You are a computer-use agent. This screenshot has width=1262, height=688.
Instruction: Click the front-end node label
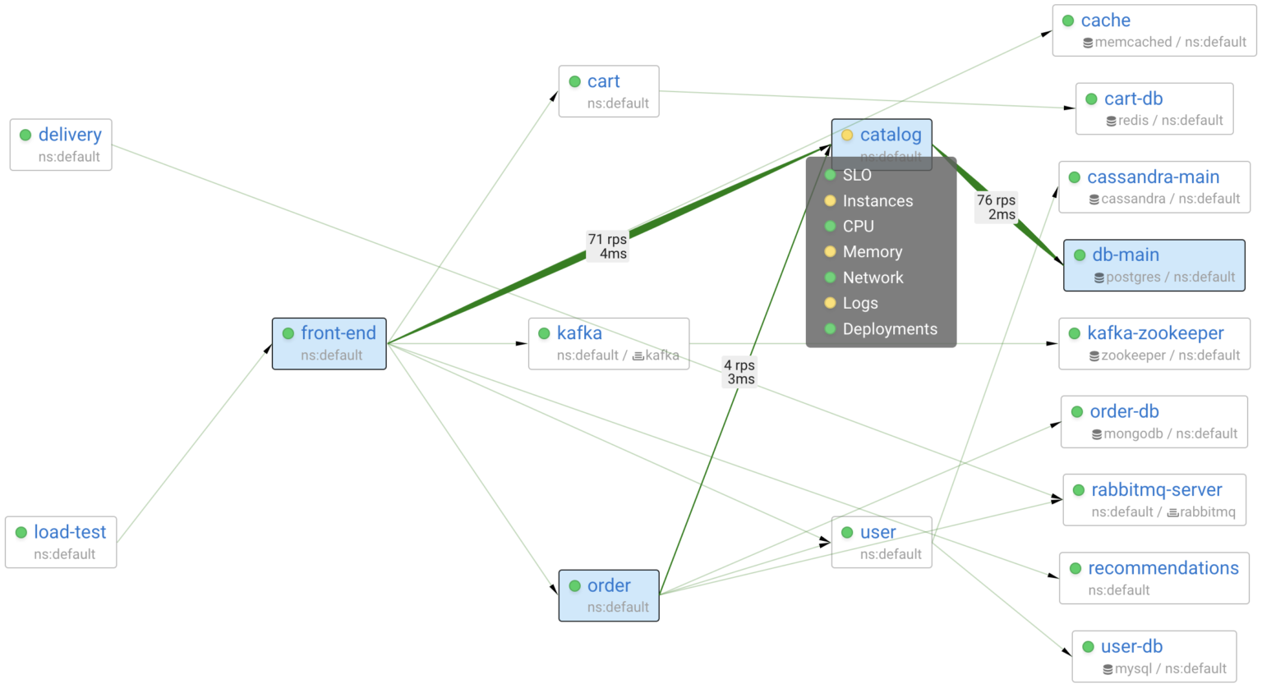pos(338,333)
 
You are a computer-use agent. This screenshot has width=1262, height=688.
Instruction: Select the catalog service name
pos(891,135)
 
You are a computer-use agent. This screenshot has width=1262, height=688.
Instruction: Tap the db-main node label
pos(1126,255)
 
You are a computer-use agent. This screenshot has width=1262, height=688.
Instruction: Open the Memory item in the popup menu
pos(872,252)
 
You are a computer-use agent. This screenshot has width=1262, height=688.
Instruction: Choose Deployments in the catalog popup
pos(890,329)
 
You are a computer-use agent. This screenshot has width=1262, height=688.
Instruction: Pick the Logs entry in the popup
pos(860,304)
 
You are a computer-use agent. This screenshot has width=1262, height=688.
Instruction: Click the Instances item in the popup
pos(877,201)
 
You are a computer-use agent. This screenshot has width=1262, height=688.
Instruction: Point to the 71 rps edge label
pos(608,246)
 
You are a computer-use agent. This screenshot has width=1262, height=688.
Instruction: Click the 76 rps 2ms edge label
pos(997,208)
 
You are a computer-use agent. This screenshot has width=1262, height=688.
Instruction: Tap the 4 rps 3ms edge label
pos(740,372)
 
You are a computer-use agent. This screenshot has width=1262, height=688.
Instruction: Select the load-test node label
pos(70,532)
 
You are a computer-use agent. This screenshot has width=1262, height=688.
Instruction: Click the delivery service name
pos(70,135)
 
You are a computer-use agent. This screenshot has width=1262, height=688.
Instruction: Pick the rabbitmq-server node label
pos(1156,490)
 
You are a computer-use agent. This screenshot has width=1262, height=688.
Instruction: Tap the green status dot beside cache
pos(1068,21)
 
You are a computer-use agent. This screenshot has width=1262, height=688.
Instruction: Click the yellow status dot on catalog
pos(847,135)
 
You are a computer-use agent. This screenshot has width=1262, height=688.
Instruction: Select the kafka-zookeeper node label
pos(1155,333)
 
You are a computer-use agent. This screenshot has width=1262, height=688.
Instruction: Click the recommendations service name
pos(1163,568)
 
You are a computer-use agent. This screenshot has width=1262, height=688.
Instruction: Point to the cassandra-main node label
pos(1153,177)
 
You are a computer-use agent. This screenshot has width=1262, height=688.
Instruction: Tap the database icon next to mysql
pos(1108,670)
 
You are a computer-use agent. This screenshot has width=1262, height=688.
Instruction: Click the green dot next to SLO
pos(830,175)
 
